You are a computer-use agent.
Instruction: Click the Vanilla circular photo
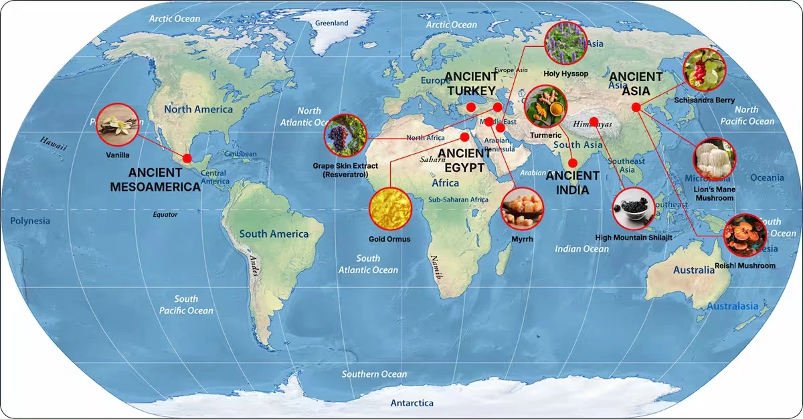(118, 125)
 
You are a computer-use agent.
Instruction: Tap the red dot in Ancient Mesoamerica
(187, 158)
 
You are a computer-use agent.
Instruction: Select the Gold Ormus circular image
(390, 209)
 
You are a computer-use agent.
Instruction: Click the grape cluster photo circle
(345, 135)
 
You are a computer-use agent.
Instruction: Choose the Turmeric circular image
(546, 107)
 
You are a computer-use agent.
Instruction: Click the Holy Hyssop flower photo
(565, 44)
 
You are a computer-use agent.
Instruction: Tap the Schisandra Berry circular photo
(704, 70)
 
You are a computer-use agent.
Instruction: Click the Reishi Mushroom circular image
(745, 236)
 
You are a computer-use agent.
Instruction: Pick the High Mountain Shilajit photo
(633, 209)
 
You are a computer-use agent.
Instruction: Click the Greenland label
(331, 23)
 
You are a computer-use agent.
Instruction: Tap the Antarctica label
(412, 403)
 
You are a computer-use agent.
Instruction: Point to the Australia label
(694, 270)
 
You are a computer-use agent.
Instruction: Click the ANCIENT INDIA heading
(572, 183)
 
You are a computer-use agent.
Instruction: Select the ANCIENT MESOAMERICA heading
(155, 180)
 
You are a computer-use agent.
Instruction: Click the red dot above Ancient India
(572, 163)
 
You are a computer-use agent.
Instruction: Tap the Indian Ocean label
(582, 249)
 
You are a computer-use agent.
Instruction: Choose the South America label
(274, 234)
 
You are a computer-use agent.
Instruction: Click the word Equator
(165, 215)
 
